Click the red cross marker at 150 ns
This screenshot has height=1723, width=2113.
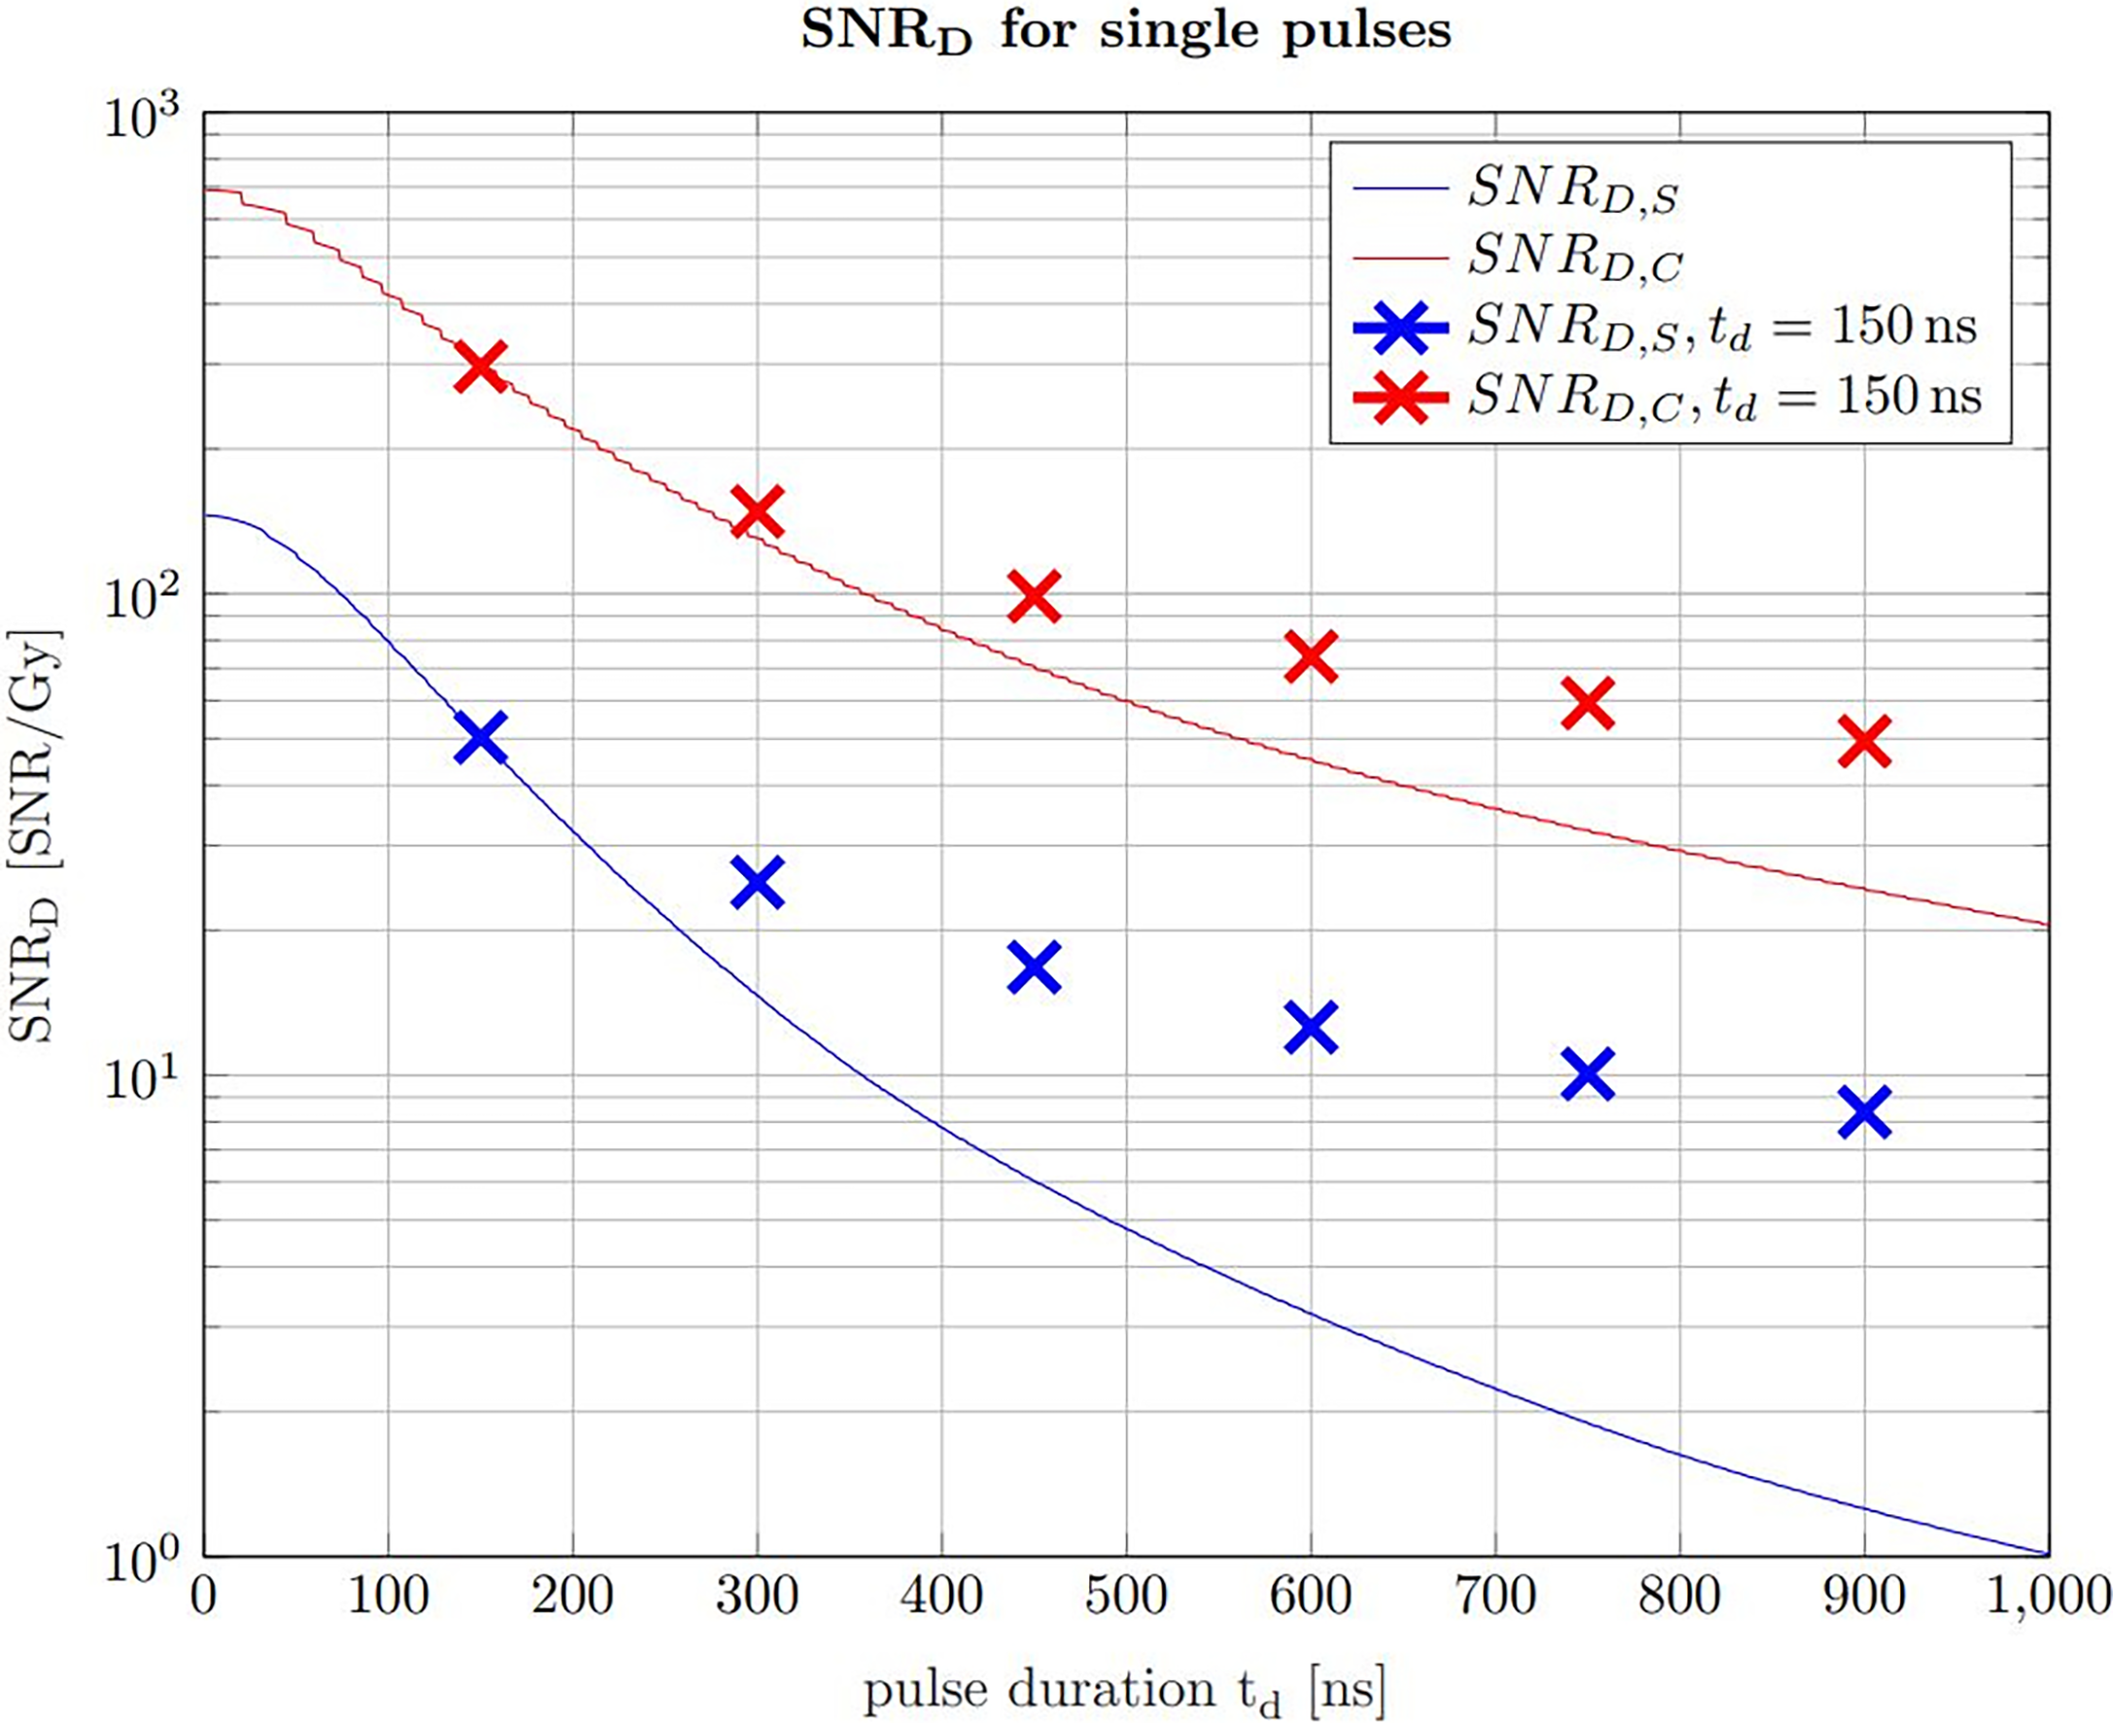(x=480, y=366)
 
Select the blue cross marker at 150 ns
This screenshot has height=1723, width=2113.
(x=480, y=736)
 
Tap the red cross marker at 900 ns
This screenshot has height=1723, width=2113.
(x=1864, y=741)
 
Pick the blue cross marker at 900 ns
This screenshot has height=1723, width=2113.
(x=1864, y=1112)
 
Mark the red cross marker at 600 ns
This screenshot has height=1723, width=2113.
(x=1311, y=656)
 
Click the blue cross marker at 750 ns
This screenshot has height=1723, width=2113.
(x=1587, y=1074)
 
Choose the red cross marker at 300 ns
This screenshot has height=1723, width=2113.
(x=757, y=511)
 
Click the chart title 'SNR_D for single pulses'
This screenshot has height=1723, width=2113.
(x=1126, y=32)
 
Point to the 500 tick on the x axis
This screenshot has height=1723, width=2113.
(x=1126, y=1597)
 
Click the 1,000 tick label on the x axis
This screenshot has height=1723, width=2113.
(x=2047, y=1597)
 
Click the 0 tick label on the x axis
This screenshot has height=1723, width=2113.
(x=203, y=1597)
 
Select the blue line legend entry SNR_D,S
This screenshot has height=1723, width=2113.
(x=1572, y=188)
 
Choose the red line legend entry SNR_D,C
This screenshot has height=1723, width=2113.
(x=1574, y=257)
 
